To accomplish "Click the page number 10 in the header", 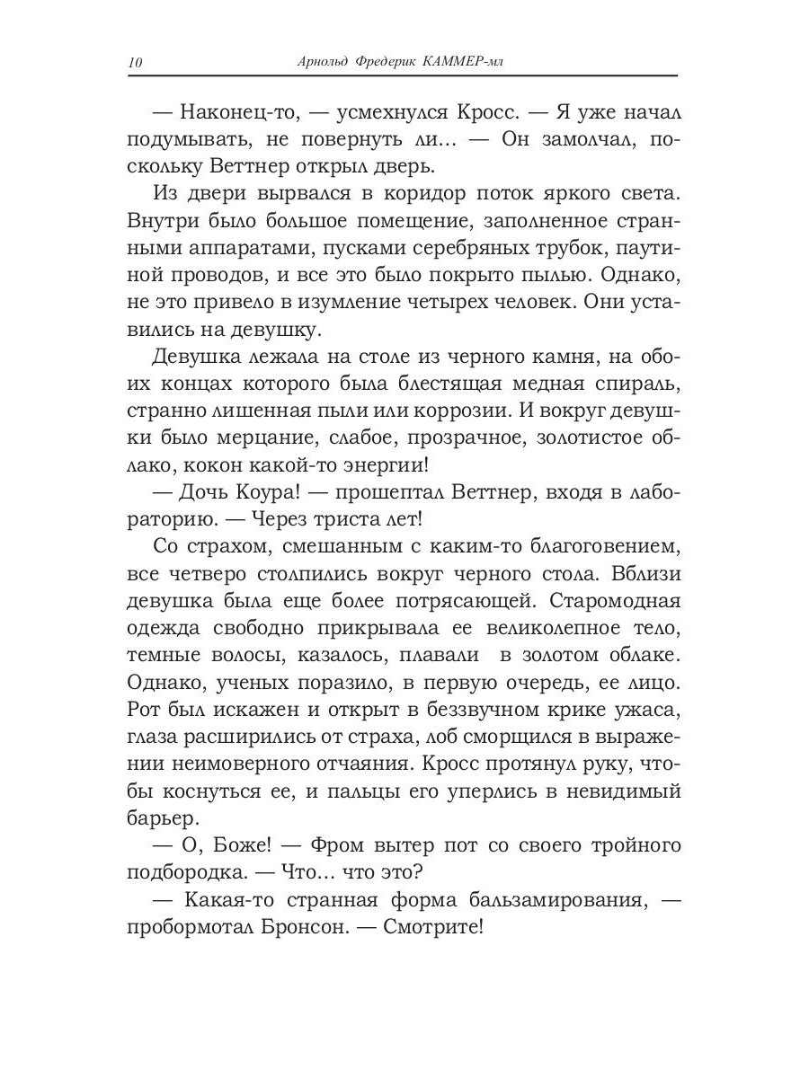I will [135, 62].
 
